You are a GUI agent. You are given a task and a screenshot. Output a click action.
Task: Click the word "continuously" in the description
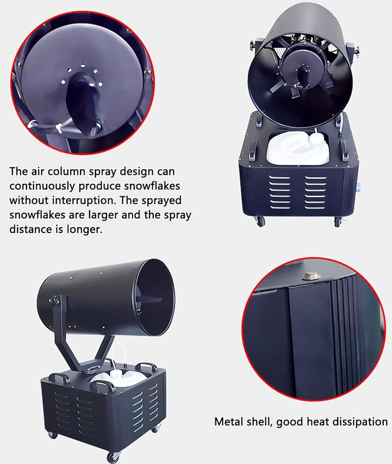(42, 187)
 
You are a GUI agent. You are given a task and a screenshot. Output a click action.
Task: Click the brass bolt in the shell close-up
(311, 277)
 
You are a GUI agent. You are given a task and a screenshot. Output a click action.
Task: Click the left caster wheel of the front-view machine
(260, 221)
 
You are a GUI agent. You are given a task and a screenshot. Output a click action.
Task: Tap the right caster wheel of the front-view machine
(338, 222)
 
